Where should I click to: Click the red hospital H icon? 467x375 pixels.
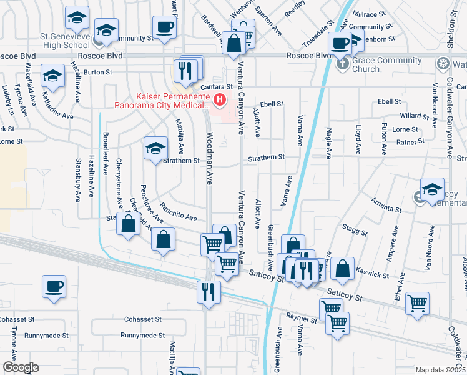pyautogui.click(x=219, y=99)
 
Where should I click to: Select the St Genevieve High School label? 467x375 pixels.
pyautogui.click(x=65, y=41)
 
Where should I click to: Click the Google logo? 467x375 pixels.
pyautogui.click(x=20, y=367)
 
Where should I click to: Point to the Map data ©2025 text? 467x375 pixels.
pyautogui.click(x=440, y=370)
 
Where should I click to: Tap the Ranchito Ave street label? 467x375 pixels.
pyautogui.click(x=178, y=212)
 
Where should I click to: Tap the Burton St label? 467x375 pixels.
pyautogui.click(x=97, y=72)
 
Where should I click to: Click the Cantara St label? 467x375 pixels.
pyautogui.click(x=216, y=86)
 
